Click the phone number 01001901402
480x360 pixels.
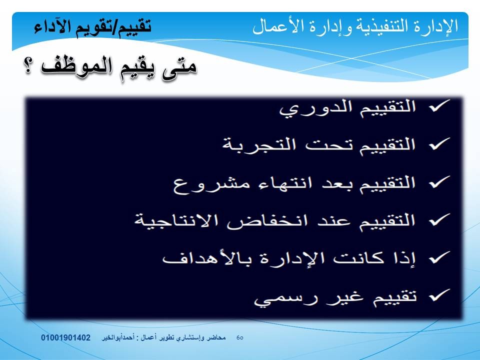coord(66,337)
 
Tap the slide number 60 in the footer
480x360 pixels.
coord(240,337)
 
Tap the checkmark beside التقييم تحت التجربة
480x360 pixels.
coord(439,144)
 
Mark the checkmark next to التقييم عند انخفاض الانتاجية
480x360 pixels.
coord(439,220)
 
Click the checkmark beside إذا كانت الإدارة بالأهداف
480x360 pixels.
coord(439,258)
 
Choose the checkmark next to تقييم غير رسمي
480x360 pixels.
coord(439,295)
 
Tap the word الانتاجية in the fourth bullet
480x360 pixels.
coord(176,220)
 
